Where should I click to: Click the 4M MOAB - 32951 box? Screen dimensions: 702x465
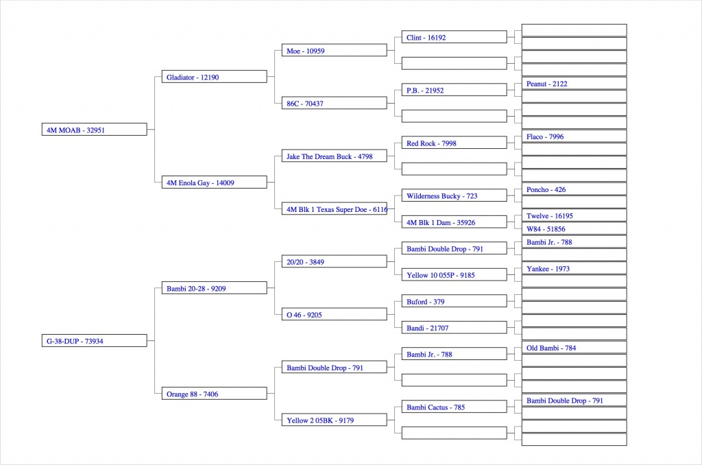click(95, 130)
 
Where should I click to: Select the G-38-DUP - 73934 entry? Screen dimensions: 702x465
click(95, 340)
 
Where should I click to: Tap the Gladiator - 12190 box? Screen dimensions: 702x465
click(215, 77)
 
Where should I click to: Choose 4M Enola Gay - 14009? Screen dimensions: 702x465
click(215, 182)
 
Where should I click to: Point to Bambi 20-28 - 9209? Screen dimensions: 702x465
click(215, 288)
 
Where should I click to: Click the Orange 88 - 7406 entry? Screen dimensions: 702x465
click(215, 393)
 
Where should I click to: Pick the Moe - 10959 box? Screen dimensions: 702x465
click(335, 50)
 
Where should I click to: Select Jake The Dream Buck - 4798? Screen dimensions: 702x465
click(335, 156)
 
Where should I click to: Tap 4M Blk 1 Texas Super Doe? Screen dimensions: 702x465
click(335, 208)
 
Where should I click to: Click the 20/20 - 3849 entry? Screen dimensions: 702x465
click(335, 261)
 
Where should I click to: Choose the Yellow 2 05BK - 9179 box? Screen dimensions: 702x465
click(335, 420)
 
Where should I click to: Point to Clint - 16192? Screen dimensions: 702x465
click(455, 37)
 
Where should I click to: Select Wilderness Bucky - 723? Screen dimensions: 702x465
click(455, 195)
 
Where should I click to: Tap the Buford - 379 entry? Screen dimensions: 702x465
click(455, 301)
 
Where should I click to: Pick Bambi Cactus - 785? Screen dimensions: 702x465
click(455, 407)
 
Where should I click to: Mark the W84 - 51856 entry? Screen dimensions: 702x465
click(574, 228)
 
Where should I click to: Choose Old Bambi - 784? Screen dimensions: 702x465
click(574, 348)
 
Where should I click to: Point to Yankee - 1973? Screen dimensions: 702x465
click(574, 268)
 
